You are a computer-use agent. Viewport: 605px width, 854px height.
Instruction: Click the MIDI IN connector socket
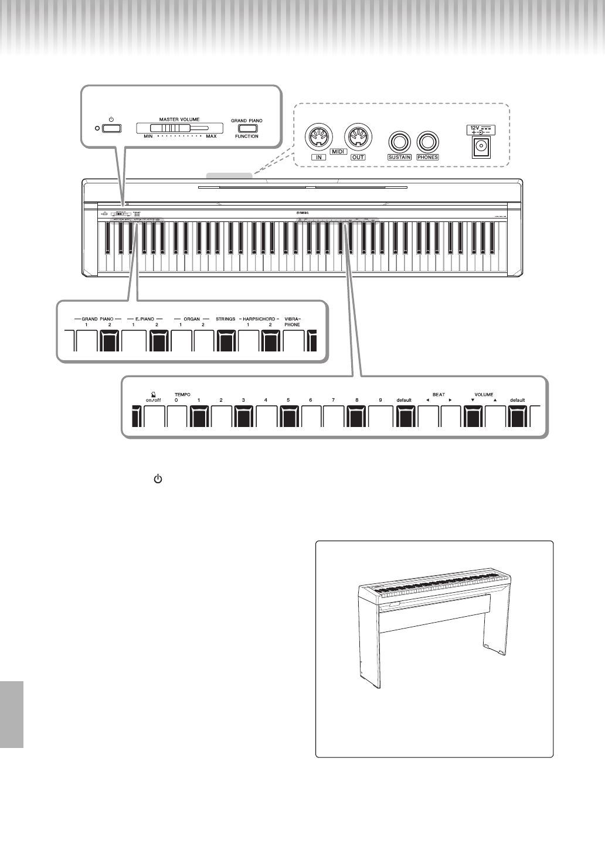[x=319, y=139]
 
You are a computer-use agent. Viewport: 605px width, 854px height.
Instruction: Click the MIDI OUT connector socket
[x=357, y=139]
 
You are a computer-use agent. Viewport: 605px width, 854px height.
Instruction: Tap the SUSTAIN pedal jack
[x=399, y=142]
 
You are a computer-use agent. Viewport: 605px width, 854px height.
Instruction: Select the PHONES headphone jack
[x=427, y=142]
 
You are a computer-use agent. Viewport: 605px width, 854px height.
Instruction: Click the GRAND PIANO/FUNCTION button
[x=247, y=128]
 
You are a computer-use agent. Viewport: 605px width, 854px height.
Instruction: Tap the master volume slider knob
[x=168, y=128]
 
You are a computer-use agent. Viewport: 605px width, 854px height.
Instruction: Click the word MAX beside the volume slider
[x=211, y=136]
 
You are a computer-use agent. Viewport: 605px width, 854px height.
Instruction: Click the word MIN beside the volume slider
[x=148, y=136]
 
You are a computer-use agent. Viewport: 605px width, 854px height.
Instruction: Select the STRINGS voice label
[x=226, y=319]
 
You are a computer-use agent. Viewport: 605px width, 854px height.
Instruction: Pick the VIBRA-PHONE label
[x=293, y=322]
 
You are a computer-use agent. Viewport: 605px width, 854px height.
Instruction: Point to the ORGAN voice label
[x=192, y=319]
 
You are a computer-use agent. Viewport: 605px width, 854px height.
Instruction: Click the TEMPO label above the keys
[x=182, y=395]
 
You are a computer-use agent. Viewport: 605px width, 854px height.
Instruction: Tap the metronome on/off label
[x=153, y=400]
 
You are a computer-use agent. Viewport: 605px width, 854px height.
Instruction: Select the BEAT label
[x=439, y=395]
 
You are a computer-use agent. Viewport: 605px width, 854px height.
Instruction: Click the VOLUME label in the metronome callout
[x=484, y=395]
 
